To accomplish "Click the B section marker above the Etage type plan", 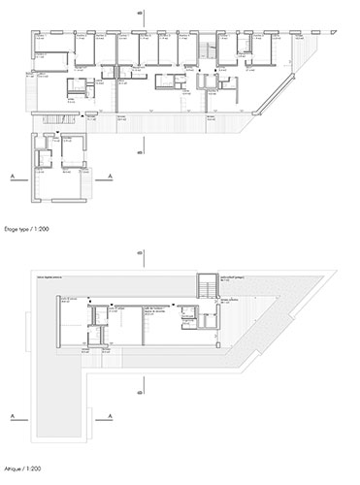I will click(x=143, y=13).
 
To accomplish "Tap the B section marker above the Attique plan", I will click(x=143, y=254).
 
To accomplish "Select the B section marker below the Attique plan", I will click(x=143, y=392).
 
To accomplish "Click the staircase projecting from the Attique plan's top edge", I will click(x=205, y=287).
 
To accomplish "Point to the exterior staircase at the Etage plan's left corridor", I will click(x=42, y=116).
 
